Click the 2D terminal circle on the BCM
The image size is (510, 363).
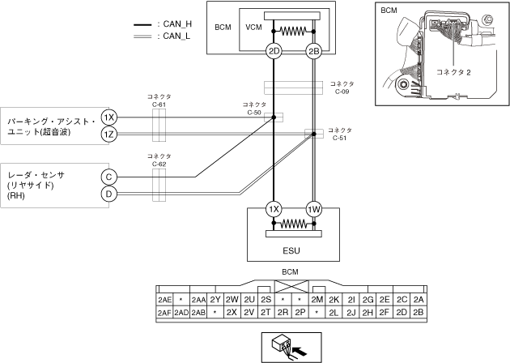[274, 51]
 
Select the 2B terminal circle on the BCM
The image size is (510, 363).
[313, 51]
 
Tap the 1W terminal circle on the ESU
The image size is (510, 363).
[314, 209]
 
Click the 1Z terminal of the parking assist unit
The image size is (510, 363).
[108, 135]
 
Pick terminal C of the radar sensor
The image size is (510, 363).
[108, 177]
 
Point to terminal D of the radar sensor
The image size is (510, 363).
[108, 194]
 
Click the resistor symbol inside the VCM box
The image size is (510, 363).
[293, 32]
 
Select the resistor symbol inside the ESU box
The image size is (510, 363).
[294, 224]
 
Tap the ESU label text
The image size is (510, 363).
[291, 250]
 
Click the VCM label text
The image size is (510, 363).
[253, 28]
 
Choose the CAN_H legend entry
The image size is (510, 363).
[163, 24]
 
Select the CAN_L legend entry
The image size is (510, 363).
[162, 36]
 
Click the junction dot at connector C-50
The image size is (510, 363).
[274, 117]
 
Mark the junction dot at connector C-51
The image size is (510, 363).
[314, 134]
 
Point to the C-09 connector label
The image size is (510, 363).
[342, 88]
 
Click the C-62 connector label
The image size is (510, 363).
[159, 160]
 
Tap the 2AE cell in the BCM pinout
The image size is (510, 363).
[164, 300]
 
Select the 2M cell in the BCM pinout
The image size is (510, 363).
[317, 300]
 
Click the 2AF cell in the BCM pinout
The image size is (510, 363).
[164, 313]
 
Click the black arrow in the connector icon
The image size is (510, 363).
[300, 352]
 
